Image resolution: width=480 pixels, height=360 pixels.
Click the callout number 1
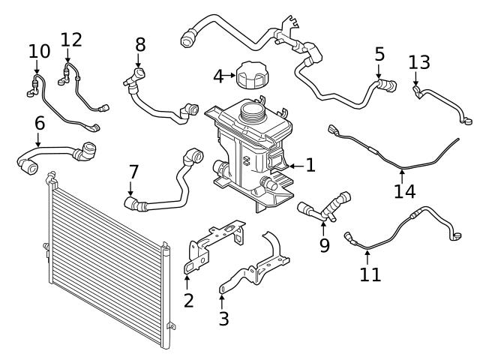[310, 165]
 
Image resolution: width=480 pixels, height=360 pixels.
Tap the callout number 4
[218, 76]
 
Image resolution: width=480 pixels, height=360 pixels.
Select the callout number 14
[405, 191]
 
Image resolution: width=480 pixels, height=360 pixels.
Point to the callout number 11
[370, 274]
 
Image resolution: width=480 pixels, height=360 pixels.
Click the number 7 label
[133, 172]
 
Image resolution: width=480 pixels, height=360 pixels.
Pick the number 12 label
[71, 40]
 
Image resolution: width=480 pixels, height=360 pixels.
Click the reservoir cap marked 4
[253, 75]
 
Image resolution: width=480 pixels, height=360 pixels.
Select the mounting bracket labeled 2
[214, 247]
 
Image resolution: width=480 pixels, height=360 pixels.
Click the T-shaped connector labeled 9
[325, 205]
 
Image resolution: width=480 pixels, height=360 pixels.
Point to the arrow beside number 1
[296, 166]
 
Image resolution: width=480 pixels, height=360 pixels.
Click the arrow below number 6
[38, 140]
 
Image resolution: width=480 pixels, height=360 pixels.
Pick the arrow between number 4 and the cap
[230, 75]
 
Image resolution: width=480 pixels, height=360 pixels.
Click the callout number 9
[325, 244]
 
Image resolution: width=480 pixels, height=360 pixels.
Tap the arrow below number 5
[379, 72]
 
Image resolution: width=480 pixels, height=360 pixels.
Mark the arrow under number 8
[138, 61]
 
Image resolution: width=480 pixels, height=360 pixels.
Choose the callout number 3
[223, 319]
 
